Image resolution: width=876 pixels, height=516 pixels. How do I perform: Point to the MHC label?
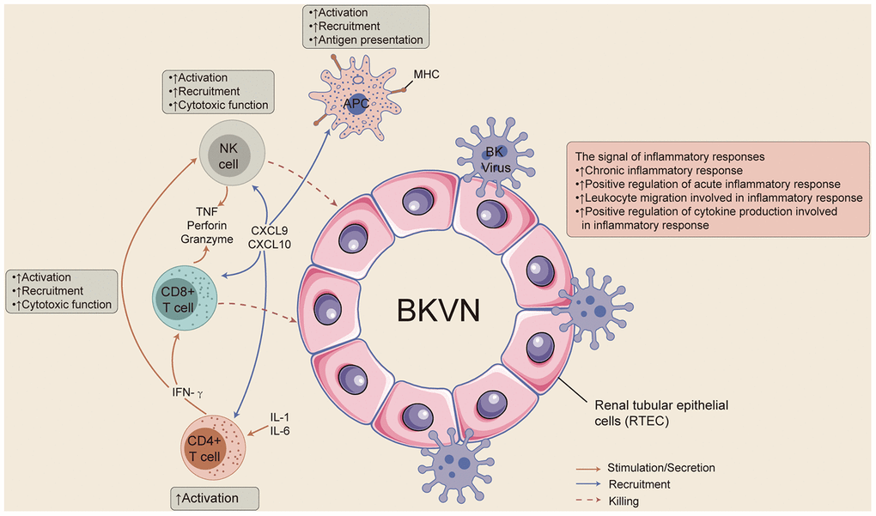(426, 75)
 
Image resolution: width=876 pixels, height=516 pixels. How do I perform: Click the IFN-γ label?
(192, 392)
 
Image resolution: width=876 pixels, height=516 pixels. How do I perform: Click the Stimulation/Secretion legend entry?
(660, 468)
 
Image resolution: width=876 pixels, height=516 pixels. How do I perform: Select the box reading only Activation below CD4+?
(214, 498)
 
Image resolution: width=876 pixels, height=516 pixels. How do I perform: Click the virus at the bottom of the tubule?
(452, 464)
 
